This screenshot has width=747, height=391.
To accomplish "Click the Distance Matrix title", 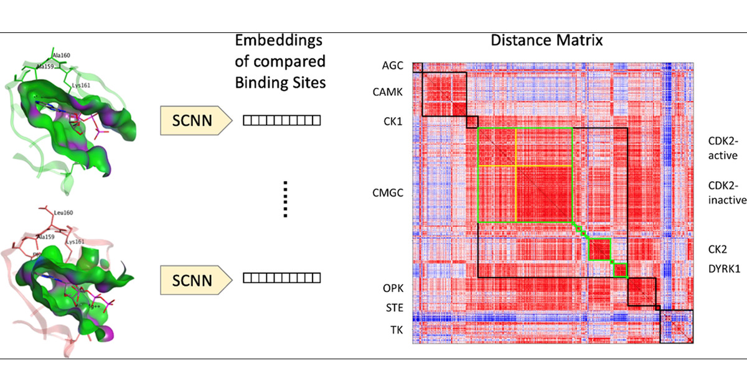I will pyautogui.click(x=545, y=42).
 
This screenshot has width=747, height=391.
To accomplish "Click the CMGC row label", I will pyautogui.click(x=387, y=194).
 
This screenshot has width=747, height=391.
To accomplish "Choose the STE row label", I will pyautogui.click(x=393, y=308).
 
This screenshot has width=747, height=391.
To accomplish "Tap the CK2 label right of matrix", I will pyautogui.click(x=718, y=249).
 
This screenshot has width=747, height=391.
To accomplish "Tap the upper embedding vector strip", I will pyautogui.click(x=281, y=121).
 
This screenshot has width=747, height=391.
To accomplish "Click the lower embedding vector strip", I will pyautogui.click(x=281, y=278).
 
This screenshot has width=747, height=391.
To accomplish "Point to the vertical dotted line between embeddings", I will pyautogui.click(x=284, y=199).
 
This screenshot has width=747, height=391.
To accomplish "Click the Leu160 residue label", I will pyautogui.click(x=62, y=213).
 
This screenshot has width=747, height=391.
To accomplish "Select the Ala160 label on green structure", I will pyautogui.click(x=60, y=55).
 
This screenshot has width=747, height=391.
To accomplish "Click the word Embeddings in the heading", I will pyautogui.click(x=279, y=42).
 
